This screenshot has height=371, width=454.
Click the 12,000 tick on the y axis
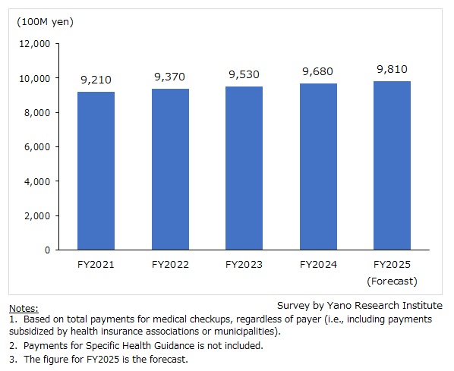point(33,44)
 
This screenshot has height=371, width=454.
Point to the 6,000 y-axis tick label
point(36,147)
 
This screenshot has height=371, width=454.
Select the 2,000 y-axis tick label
point(36,215)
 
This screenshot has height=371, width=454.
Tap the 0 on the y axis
point(47,250)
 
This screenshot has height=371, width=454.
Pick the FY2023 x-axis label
point(244,265)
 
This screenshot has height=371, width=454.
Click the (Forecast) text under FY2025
point(392,281)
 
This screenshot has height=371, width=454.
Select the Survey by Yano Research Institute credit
point(359,305)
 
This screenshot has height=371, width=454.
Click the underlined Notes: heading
point(22,309)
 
